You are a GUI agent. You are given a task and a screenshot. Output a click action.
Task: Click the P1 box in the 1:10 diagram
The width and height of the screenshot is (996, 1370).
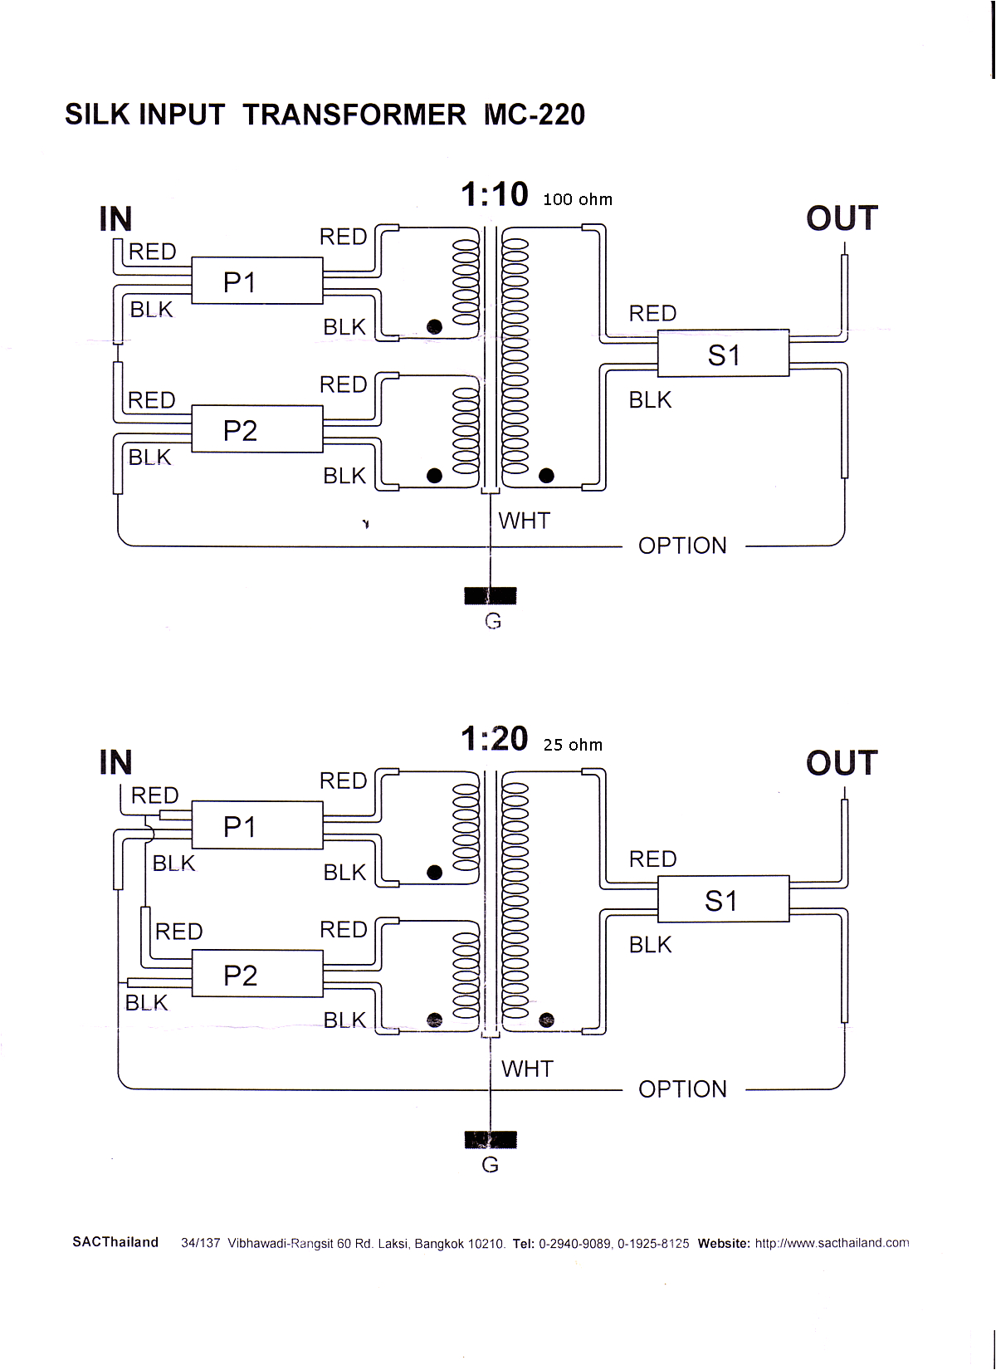257,281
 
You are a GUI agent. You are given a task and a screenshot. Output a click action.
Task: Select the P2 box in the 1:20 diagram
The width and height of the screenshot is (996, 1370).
257,974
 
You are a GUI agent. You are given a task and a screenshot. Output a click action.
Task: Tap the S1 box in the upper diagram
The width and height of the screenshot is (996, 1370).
723,353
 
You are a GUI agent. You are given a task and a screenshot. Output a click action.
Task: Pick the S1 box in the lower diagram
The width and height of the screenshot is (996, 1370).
723,898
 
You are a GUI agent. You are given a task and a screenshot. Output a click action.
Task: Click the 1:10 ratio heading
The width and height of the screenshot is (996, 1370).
495,195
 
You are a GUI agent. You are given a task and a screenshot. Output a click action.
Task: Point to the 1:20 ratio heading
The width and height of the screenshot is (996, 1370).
495,739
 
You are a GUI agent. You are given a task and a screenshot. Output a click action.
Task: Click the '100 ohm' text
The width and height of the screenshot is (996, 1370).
578,200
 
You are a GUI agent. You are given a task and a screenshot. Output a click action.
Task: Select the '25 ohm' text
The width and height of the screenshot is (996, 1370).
574,745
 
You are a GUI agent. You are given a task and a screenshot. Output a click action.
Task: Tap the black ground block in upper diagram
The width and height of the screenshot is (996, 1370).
491,595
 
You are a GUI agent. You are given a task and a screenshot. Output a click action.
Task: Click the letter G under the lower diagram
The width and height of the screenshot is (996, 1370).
491,1165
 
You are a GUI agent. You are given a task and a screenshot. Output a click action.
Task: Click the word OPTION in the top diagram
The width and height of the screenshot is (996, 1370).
682,546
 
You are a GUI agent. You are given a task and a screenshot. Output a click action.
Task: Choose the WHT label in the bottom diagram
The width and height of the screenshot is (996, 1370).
527,1069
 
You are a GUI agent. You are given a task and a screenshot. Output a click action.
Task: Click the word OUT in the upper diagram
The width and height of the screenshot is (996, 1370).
842,218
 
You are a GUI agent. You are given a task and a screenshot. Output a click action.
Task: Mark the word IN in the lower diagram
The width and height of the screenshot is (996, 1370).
115,762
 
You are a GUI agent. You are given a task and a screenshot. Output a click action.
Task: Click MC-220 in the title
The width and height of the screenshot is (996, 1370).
535,115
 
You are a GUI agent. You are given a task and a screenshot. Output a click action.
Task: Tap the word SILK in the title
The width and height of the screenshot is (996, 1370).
97,115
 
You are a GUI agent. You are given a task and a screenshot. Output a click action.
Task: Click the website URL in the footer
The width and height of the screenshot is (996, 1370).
832,1243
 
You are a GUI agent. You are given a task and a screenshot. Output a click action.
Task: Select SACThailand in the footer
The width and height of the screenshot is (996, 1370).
115,1242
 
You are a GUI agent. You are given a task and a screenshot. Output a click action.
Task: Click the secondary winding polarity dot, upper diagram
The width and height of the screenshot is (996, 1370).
546,476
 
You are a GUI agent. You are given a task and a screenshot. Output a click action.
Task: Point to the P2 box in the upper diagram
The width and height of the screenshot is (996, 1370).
257,429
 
